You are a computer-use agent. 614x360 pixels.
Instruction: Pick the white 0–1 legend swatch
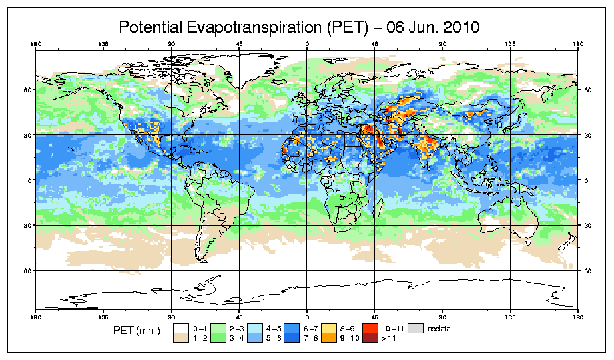[180, 328]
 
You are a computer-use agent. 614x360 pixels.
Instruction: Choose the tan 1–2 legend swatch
[180, 338]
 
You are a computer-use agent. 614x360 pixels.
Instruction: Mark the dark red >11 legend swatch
[370, 338]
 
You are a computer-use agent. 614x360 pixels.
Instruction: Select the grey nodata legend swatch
[417, 328]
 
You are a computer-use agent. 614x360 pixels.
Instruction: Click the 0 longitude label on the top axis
[307, 45]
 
